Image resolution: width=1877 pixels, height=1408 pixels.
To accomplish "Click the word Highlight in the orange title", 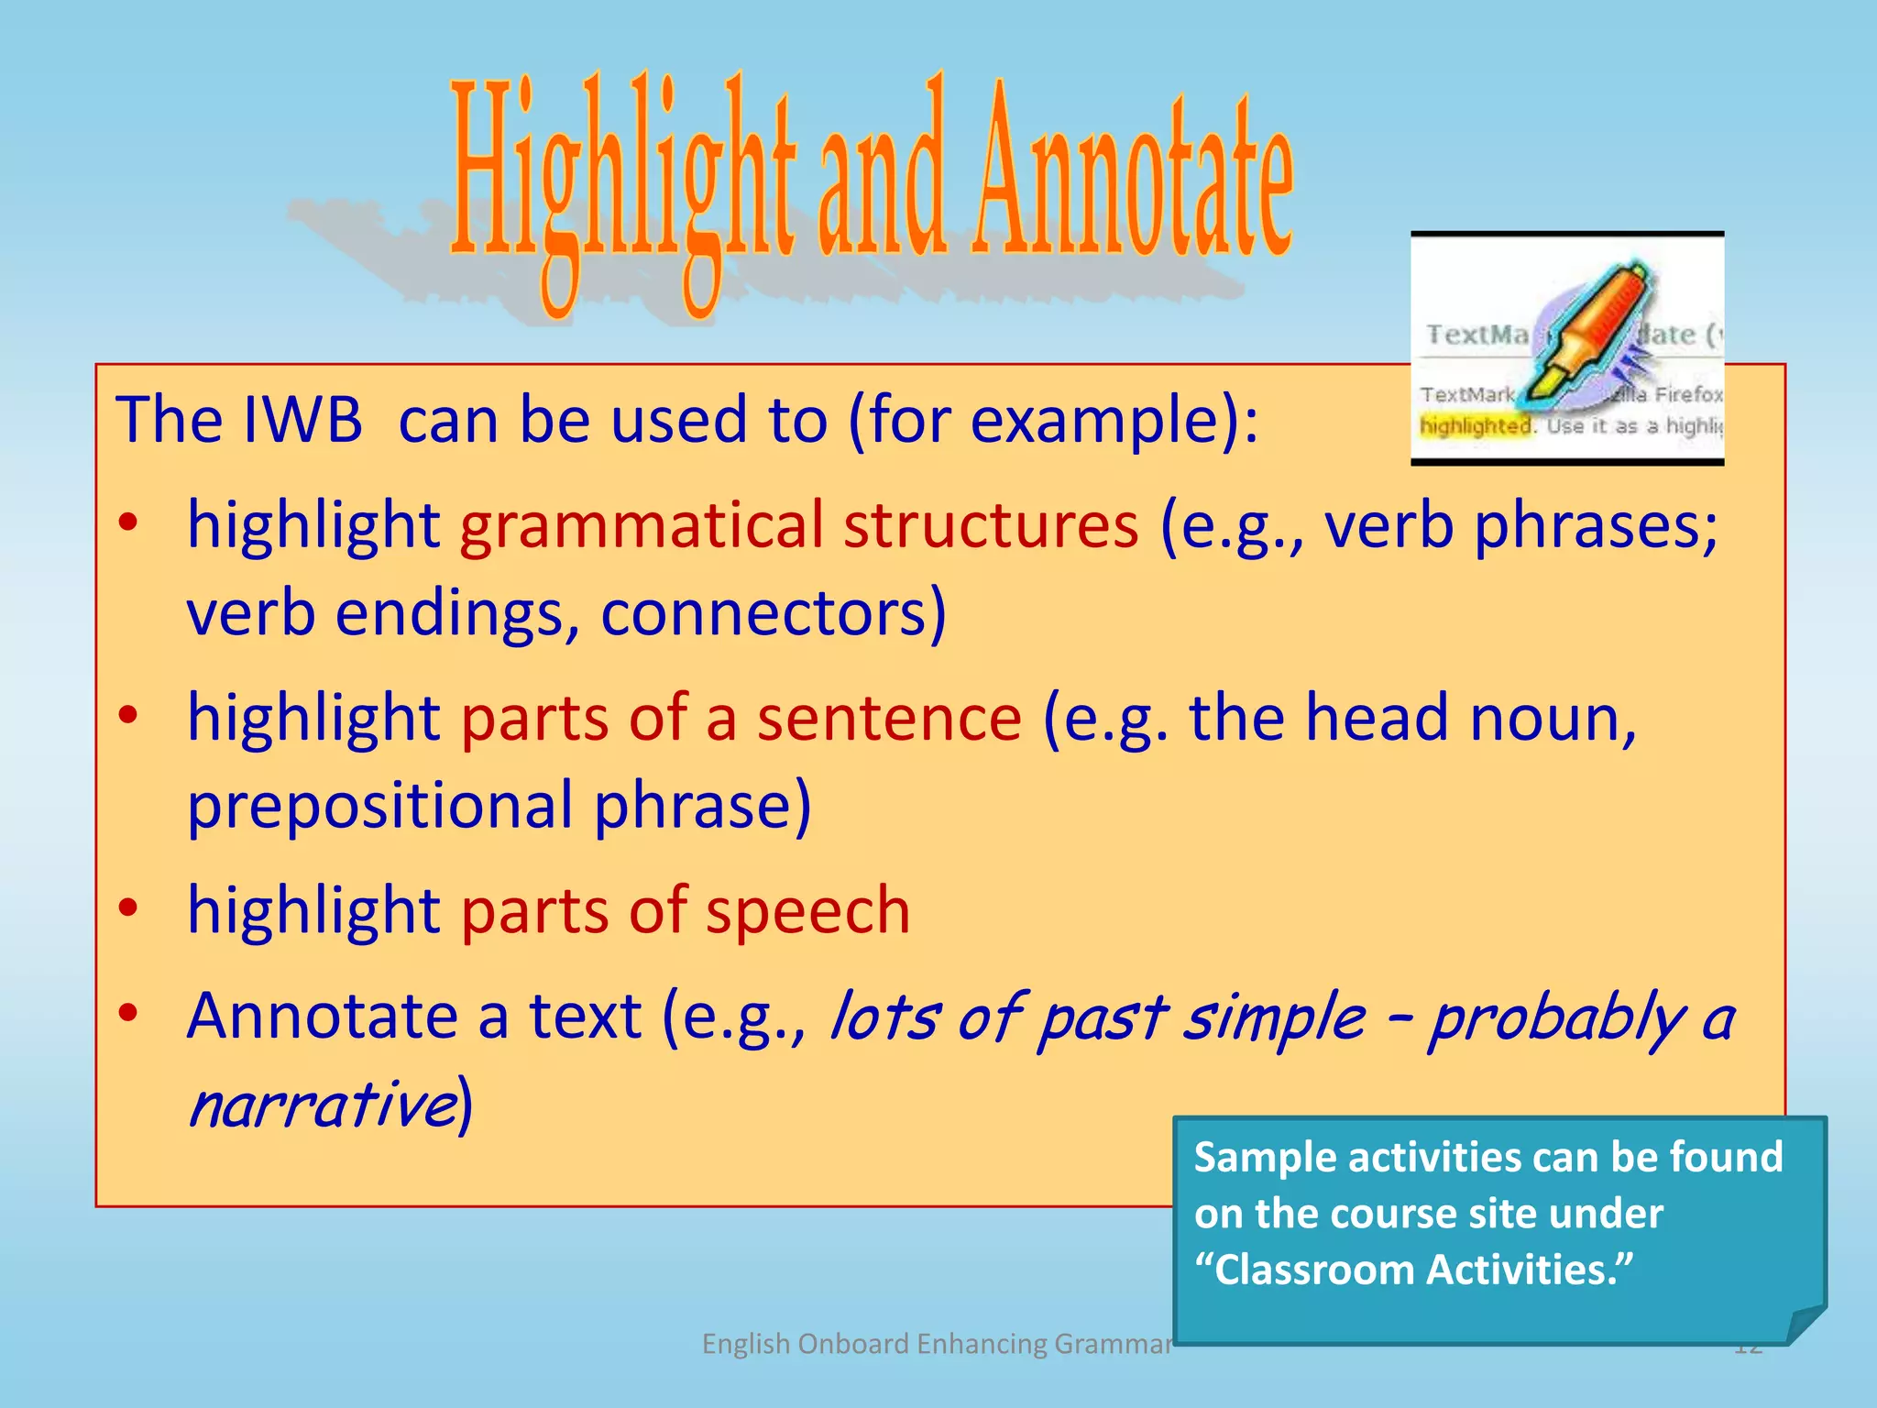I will point(623,183).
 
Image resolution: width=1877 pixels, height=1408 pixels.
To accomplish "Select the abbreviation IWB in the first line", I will point(302,420).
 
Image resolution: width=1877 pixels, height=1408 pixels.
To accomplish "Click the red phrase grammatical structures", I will point(799,526).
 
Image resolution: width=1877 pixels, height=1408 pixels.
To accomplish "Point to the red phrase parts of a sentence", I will point(741,718).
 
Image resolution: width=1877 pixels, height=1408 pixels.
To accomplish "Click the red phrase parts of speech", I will point(686,910).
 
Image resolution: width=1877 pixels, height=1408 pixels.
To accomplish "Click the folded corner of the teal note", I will point(1806,1325).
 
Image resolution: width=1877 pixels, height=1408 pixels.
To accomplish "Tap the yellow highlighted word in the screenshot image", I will point(1475,426).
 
